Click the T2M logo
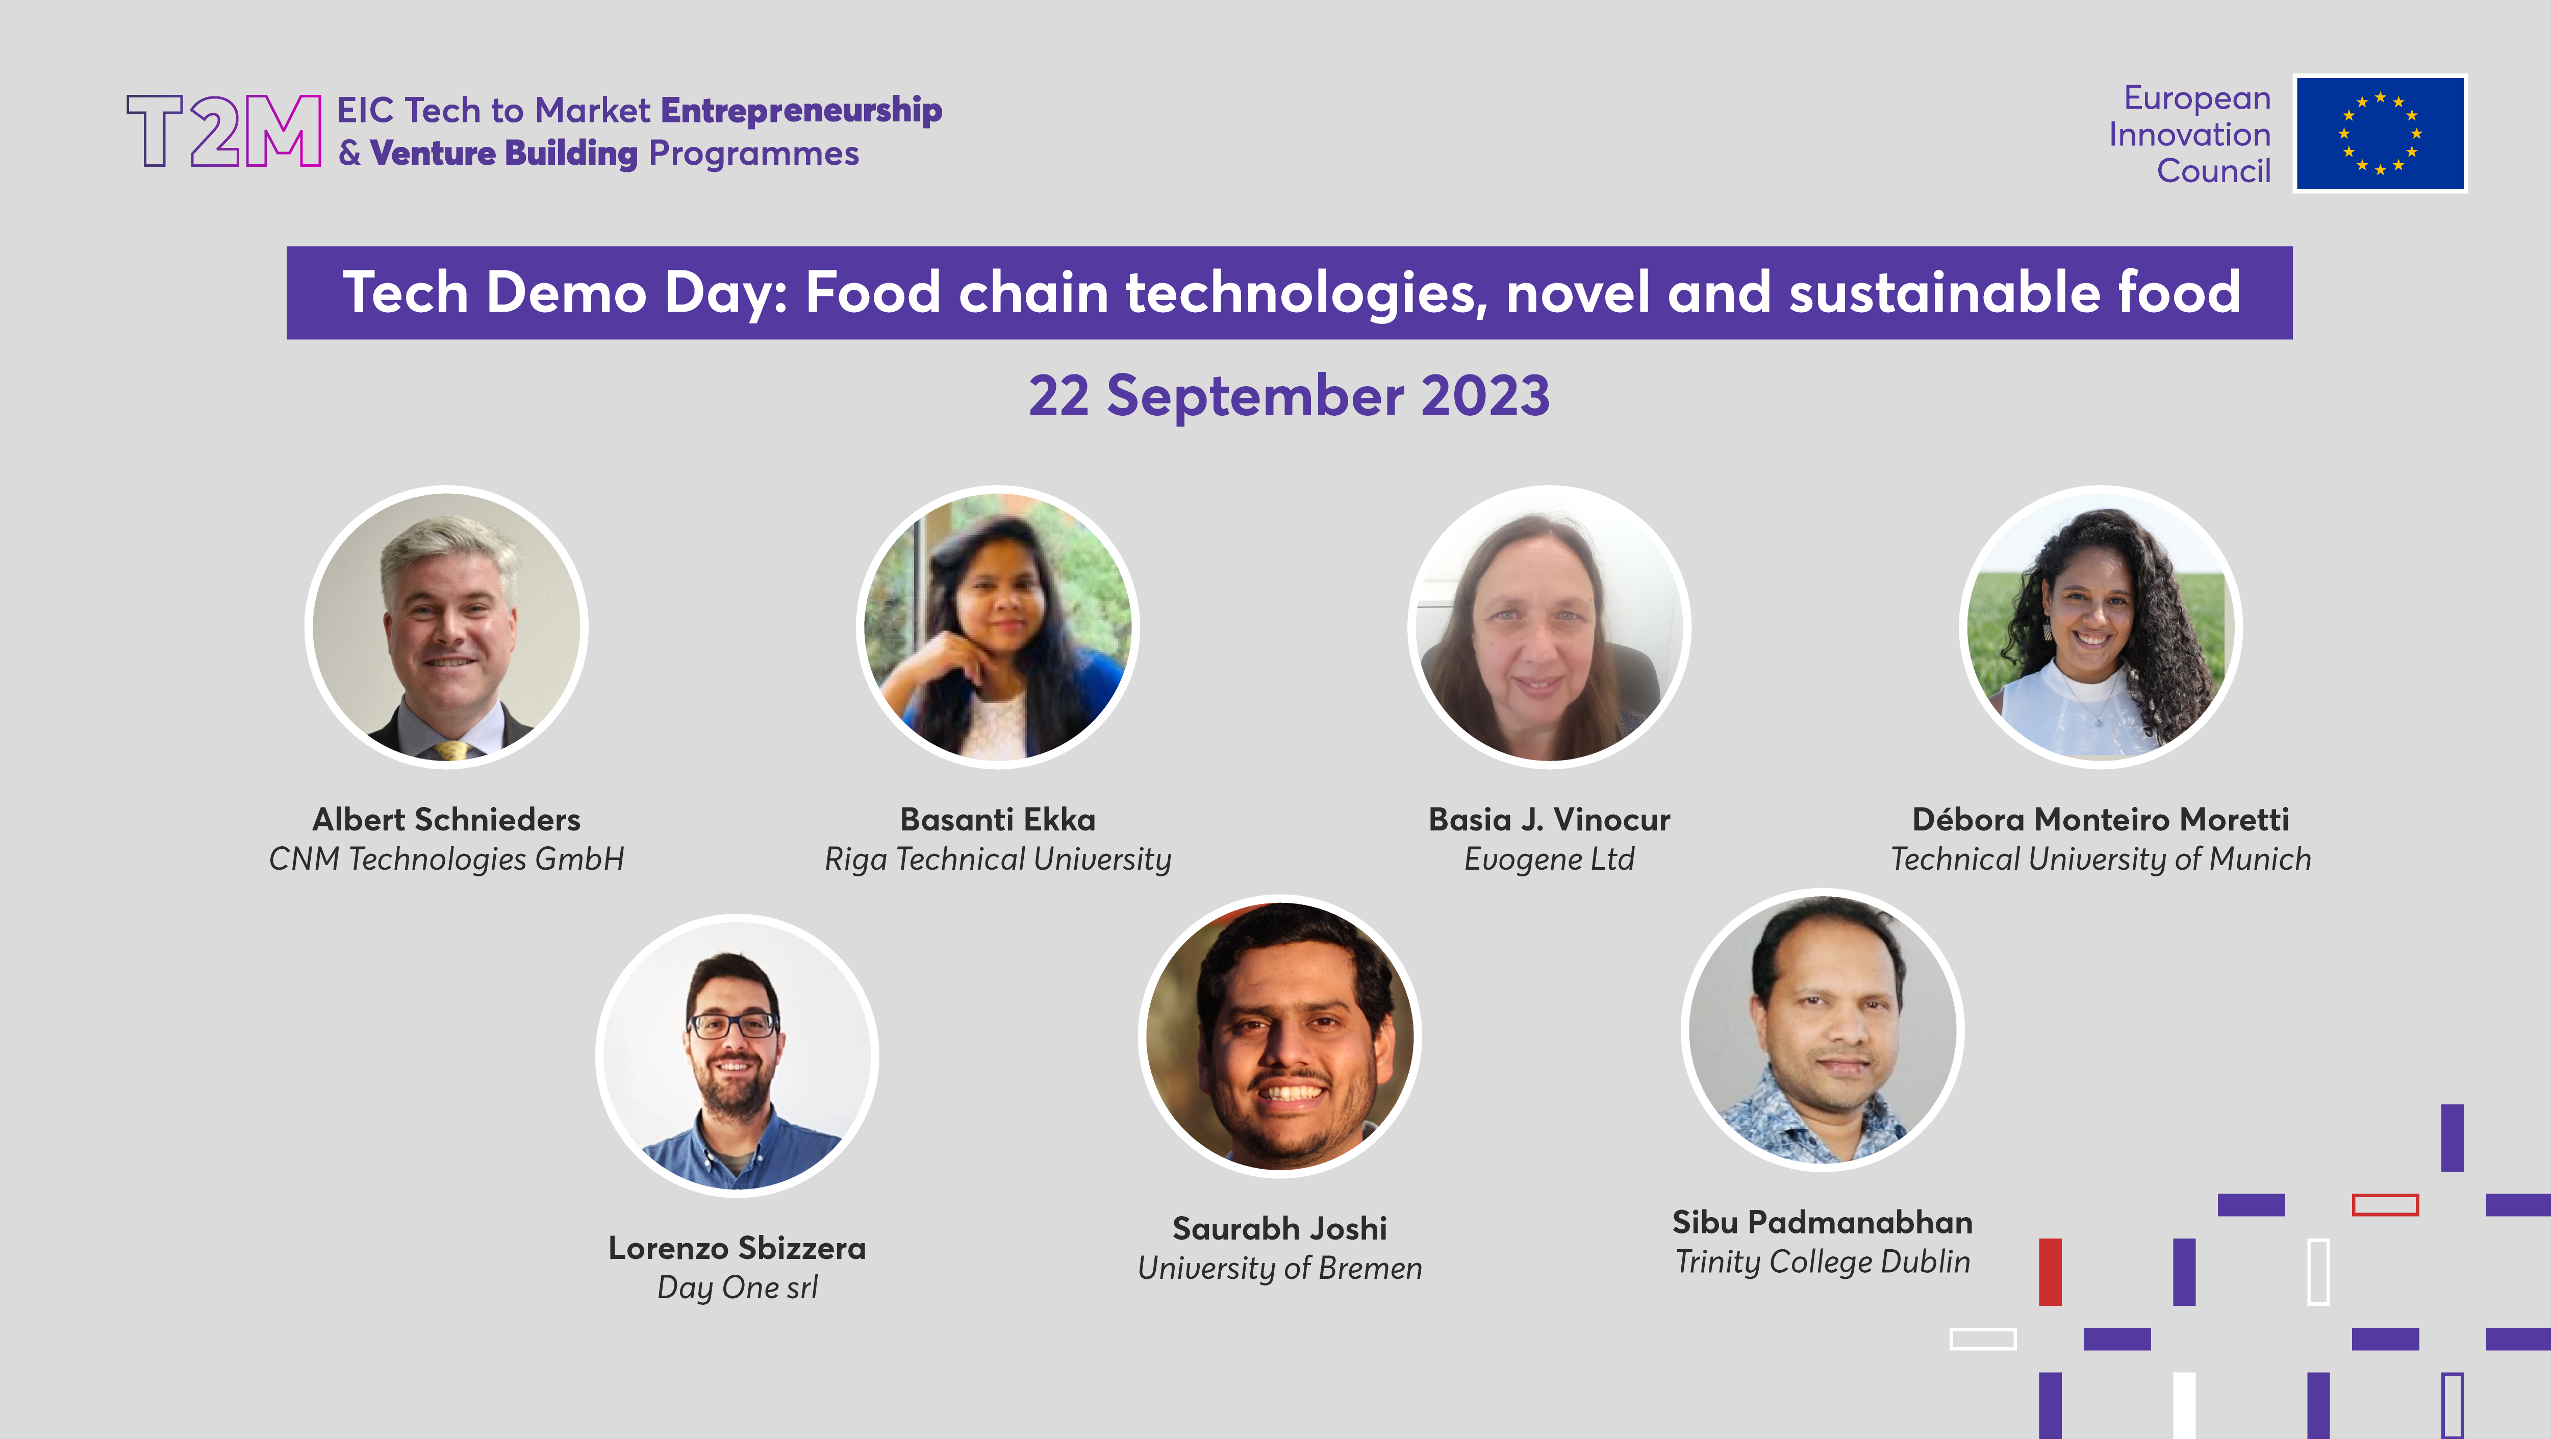(x=224, y=131)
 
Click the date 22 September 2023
(x=1289, y=396)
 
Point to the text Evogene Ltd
(x=1549, y=859)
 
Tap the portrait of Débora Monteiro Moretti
(x=2101, y=627)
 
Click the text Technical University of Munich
(x=2101, y=859)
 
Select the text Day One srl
(x=737, y=1287)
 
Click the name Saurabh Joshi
(x=1279, y=1228)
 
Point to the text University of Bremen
(x=1279, y=1268)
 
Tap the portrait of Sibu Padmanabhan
(x=1822, y=1030)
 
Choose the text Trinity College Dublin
(x=1822, y=1261)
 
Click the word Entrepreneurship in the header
(x=800, y=110)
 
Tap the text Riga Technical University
(x=997, y=859)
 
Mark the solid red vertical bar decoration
(x=2050, y=1272)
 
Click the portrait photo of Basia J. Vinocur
(x=1549, y=627)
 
